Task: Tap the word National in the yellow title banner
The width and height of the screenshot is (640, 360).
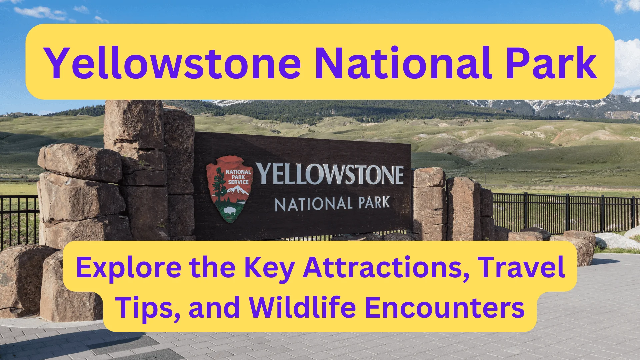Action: click(x=404, y=63)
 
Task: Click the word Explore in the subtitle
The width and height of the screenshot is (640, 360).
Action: click(x=129, y=268)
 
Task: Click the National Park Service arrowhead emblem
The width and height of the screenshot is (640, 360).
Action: click(x=229, y=189)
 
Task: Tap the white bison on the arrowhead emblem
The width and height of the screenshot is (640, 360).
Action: click(x=230, y=211)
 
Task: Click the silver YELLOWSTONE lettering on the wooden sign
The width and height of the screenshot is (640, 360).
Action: click(x=330, y=174)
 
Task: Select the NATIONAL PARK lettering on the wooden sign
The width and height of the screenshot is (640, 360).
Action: click(x=332, y=203)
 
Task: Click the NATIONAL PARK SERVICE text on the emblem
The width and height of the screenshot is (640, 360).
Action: click(x=238, y=177)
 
